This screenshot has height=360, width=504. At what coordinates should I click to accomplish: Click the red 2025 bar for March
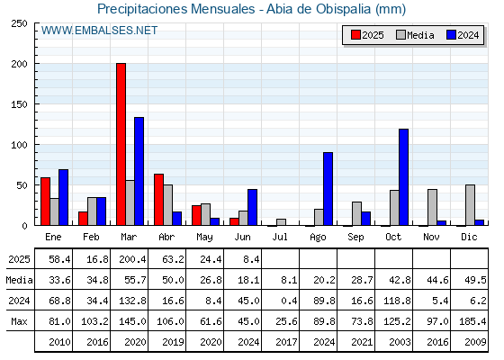pyautogui.click(x=121, y=144)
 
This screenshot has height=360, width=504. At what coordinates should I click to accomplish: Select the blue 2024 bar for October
pyautogui.click(x=404, y=177)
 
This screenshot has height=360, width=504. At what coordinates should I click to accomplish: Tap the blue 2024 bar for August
pyautogui.click(x=328, y=189)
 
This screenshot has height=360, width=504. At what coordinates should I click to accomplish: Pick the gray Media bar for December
pyautogui.click(x=470, y=205)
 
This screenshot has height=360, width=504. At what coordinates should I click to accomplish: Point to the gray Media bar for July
pyautogui.click(x=281, y=222)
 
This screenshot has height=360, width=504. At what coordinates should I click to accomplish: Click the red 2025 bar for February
pyautogui.click(x=83, y=219)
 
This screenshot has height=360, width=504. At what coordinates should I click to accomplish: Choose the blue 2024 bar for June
pyautogui.click(x=253, y=207)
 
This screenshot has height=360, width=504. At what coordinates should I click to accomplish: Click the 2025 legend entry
pyautogui.click(x=368, y=35)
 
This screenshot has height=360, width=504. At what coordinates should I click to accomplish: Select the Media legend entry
pyautogui.click(x=415, y=35)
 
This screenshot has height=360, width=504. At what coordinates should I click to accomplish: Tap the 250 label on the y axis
pyautogui.click(x=19, y=23)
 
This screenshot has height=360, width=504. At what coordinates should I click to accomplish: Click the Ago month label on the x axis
pyautogui.click(x=318, y=238)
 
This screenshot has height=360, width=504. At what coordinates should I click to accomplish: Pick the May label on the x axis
pyautogui.click(x=205, y=238)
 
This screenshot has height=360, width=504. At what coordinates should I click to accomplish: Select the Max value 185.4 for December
pyautogui.click(x=472, y=321)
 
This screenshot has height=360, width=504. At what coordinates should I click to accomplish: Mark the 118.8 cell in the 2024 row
pyautogui.click(x=397, y=301)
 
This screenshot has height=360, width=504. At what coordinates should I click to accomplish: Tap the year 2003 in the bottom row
pyautogui.click(x=400, y=342)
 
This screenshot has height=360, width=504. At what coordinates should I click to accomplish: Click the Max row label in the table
pyautogui.click(x=19, y=321)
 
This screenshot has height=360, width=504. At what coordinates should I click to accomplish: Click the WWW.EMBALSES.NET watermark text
pyautogui.click(x=99, y=31)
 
